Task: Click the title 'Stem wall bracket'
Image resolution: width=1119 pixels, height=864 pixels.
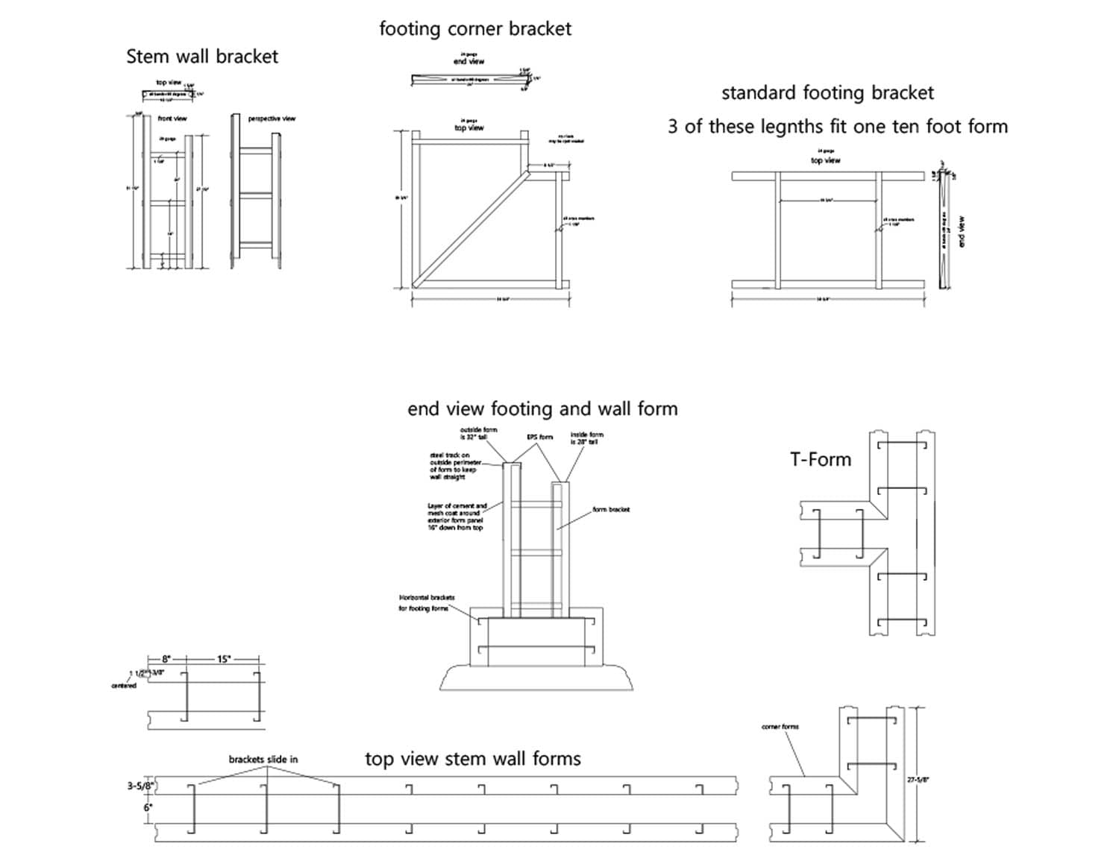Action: point(202,57)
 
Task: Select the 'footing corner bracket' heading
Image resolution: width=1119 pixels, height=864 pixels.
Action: point(475,29)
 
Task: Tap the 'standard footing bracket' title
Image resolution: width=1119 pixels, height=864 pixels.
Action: point(827,93)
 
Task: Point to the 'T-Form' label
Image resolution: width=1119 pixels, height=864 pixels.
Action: point(821,459)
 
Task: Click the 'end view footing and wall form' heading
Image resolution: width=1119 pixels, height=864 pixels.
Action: point(542,409)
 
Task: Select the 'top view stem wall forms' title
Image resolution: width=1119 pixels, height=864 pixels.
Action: point(473,759)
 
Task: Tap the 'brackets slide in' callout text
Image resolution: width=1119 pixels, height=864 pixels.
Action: point(263,759)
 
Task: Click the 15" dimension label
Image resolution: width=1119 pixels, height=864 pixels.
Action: point(223,659)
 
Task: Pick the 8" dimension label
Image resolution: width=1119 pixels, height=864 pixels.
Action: point(166,659)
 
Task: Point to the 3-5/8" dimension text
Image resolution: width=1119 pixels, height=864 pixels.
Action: point(140,786)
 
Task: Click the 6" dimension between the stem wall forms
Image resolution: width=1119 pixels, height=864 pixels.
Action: point(147,807)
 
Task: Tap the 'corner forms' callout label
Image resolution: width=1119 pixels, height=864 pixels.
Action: point(780,726)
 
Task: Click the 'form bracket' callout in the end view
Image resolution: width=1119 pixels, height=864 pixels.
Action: point(611,510)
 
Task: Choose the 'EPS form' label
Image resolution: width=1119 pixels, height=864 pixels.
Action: point(540,437)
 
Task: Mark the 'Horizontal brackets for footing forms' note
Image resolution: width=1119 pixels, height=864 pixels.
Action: point(425,603)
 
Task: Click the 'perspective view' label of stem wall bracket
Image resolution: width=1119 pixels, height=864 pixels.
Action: point(272,119)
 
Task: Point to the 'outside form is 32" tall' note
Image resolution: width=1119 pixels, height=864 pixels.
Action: point(478,433)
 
